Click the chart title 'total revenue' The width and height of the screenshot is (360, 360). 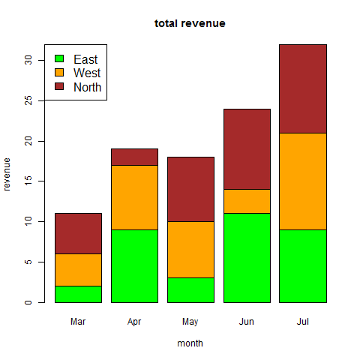pos(190,23)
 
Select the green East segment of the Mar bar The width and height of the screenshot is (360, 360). pos(78,294)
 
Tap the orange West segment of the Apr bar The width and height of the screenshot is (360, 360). pos(134,197)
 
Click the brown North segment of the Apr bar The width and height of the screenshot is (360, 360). pos(134,157)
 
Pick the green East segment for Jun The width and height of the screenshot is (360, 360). pos(247,258)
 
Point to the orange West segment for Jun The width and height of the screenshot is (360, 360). pos(247,201)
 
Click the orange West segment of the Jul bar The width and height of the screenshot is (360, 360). pos(303,181)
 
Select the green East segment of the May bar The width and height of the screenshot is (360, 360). pos(190,290)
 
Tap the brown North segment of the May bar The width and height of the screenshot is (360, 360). pos(190,189)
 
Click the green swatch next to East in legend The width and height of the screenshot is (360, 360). pos(59,59)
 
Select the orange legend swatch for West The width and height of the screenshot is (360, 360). pos(59,73)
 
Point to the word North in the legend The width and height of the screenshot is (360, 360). pos(87,87)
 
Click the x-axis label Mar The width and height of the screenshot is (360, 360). pos(78,322)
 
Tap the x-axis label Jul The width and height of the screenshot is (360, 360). pos(303,322)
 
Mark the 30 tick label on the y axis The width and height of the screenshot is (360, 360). pos(28,60)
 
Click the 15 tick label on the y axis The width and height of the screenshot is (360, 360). pos(28,181)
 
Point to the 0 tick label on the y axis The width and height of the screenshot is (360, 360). pos(28,302)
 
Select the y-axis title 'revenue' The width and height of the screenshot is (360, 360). pos(7,174)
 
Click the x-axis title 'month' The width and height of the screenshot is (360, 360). pos(190,343)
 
